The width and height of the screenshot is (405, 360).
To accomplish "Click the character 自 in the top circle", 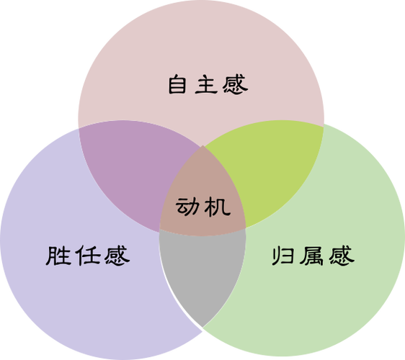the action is pos(177,84).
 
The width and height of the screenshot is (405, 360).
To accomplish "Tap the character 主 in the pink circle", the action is pos(206,84).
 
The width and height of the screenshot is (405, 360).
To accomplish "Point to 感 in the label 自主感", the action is pos(235,84).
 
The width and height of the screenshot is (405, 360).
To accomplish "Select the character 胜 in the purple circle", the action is pos(58,255).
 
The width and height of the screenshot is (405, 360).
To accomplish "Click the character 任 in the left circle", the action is pos(88,255).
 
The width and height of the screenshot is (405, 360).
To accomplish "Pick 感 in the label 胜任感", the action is pos(117,255).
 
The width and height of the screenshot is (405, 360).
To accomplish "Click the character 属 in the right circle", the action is pos(311,256).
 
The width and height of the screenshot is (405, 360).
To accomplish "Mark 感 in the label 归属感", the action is pos(342,256).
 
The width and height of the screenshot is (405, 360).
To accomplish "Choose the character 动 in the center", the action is pos(188,207).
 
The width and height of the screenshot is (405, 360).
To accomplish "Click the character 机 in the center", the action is pos(217,207).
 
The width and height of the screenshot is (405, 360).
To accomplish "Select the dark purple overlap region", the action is pos(129,168).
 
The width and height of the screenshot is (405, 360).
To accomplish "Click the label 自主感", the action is pos(208,84).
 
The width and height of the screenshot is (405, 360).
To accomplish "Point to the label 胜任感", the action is pos(88,255).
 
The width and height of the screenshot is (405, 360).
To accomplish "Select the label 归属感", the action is pos(313,256).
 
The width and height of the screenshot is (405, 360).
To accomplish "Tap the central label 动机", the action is pos(203,207).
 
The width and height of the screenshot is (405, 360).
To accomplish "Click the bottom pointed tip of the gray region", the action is pos(202,327).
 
